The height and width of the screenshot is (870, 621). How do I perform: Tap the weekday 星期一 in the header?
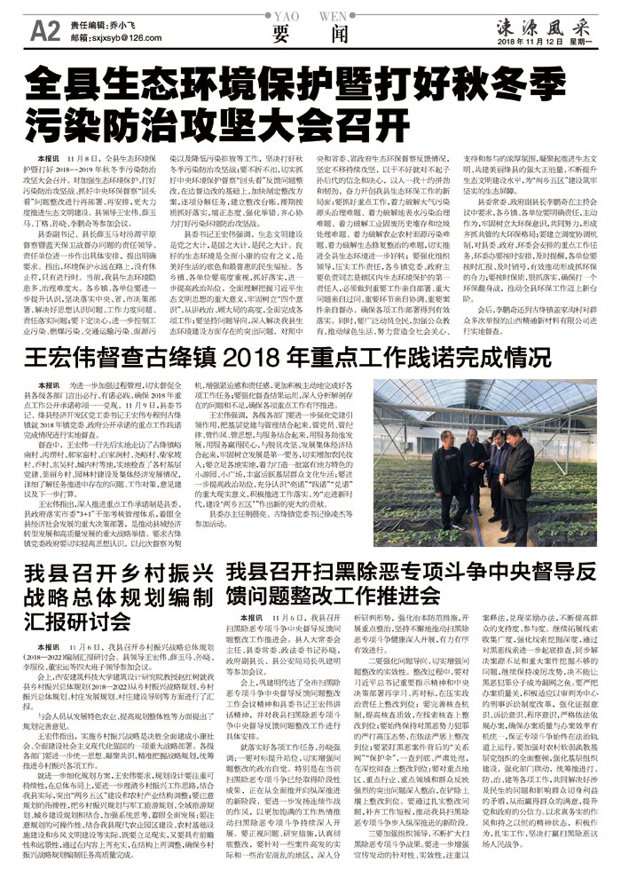point(582,43)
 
